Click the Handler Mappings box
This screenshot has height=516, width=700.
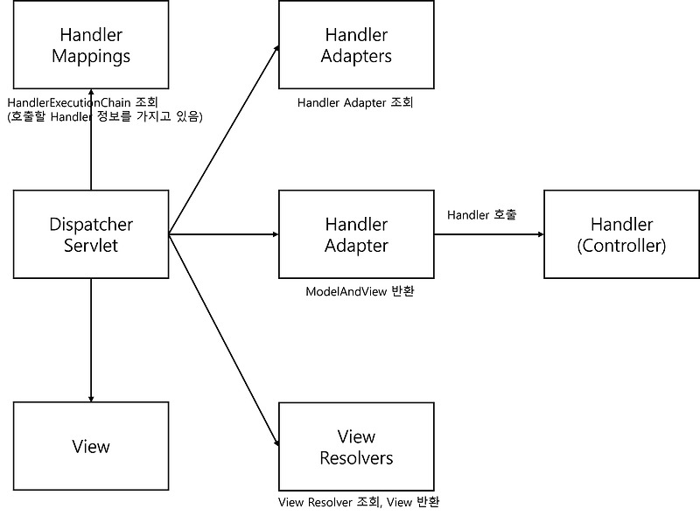[x=91, y=45]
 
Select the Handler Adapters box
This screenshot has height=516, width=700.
[x=356, y=45]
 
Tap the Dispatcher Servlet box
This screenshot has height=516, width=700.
[x=91, y=234]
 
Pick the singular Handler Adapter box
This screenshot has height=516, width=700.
[x=356, y=234]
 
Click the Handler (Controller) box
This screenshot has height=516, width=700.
[x=621, y=234]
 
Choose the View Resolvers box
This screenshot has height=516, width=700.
[x=356, y=447]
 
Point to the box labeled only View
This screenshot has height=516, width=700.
[x=91, y=447]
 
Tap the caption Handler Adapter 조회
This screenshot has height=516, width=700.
[x=354, y=102]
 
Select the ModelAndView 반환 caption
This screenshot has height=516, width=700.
[x=359, y=291]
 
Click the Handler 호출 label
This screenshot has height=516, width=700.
[x=481, y=214]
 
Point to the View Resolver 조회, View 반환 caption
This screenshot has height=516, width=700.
[x=359, y=503]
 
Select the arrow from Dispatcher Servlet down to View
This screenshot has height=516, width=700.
[x=91, y=341]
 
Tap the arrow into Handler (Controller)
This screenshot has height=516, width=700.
[x=490, y=234]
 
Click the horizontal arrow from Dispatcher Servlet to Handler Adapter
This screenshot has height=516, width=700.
[x=223, y=234]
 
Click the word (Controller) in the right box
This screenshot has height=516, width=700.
[x=621, y=246]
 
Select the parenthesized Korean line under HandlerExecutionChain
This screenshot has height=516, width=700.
[x=104, y=117]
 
